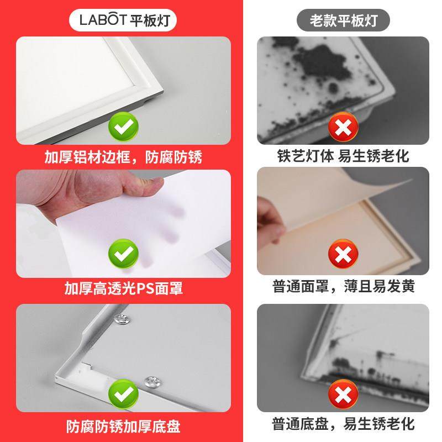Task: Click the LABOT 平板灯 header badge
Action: (123, 21)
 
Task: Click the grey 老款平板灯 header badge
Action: (343, 21)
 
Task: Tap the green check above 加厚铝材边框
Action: (123, 128)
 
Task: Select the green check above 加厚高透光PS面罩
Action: (123, 255)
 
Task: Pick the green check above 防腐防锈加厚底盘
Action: (123, 393)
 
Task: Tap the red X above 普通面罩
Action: (343, 256)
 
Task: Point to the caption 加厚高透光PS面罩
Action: (123, 288)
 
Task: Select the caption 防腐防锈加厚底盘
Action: (123, 427)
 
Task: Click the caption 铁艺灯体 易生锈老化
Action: (343, 156)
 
